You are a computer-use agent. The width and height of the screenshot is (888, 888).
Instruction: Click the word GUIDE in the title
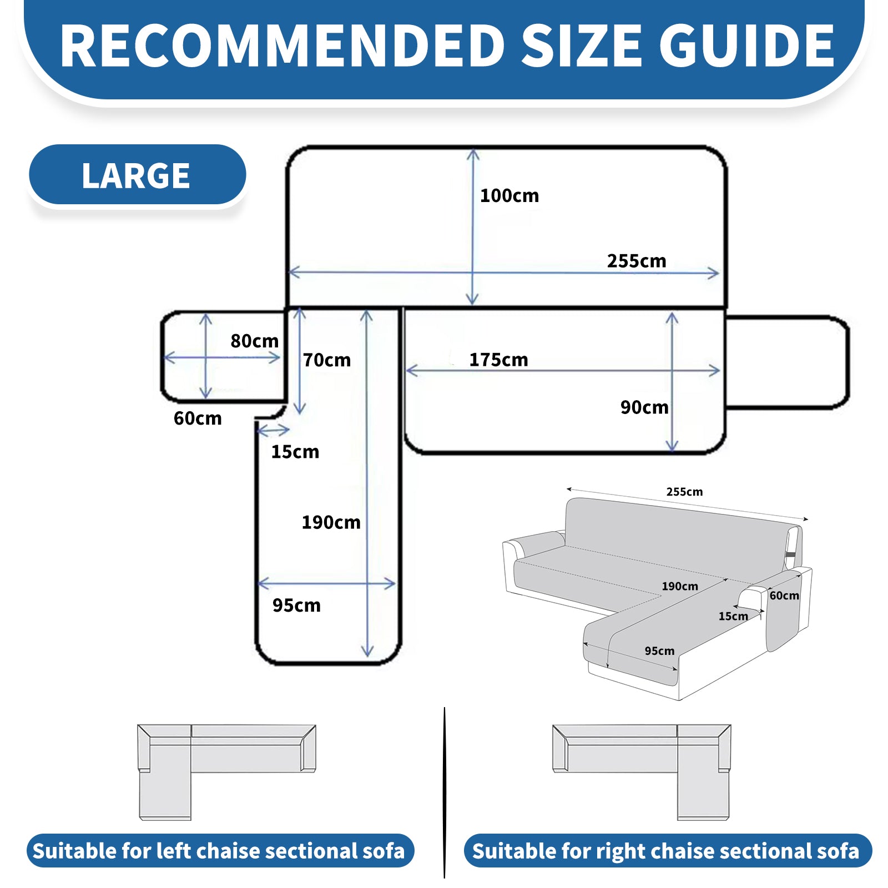(x=747, y=46)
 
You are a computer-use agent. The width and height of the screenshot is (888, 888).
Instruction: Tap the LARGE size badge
(x=137, y=175)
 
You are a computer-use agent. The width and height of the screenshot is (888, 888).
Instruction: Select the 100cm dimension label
(x=509, y=195)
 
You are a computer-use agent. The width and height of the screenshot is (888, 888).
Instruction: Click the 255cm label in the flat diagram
(x=637, y=261)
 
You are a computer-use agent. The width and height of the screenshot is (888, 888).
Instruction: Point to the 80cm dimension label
(x=255, y=341)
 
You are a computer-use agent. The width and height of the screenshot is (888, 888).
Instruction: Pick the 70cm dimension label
(x=327, y=360)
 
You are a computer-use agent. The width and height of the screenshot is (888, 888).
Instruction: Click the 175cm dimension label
(x=498, y=360)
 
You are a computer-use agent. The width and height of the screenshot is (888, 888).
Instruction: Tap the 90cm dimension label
(x=644, y=407)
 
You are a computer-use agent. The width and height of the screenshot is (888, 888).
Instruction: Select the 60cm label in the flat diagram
(x=198, y=418)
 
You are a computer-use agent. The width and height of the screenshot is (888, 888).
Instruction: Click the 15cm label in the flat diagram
(x=295, y=452)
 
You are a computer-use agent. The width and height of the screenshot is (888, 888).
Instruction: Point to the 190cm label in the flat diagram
(x=331, y=522)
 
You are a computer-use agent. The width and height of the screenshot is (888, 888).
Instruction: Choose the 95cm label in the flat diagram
(x=296, y=605)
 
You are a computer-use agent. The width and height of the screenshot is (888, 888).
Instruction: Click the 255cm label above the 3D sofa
(x=684, y=492)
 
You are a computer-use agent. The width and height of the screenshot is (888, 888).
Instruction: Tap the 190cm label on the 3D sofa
(x=680, y=586)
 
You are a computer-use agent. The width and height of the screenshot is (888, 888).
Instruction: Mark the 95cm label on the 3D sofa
(x=659, y=650)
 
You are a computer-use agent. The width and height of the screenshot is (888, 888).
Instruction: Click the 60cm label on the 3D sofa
(x=784, y=596)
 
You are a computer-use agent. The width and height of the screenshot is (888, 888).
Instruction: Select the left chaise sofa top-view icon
(x=226, y=772)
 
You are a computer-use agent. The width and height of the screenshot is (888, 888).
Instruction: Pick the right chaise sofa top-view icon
(x=642, y=772)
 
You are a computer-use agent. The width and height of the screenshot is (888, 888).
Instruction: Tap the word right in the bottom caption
(x=620, y=852)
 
